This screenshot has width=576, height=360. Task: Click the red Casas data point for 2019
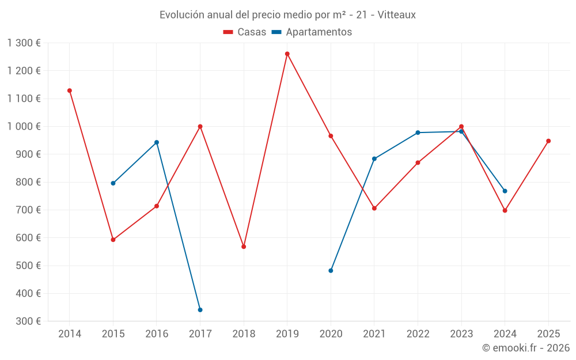coord(287,54)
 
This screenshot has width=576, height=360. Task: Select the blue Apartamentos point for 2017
coord(200,310)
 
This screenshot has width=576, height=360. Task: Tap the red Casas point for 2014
coord(70,90)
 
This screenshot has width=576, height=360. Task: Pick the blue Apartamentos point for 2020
coord(331,271)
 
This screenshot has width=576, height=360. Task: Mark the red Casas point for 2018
coord(244,247)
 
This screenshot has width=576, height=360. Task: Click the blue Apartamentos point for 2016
coord(157,142)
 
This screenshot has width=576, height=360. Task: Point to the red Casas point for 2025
coord(548,141)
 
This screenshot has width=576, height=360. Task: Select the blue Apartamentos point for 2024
coord(505,191)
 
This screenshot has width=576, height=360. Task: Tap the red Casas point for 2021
coord(374,209)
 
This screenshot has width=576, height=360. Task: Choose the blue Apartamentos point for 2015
coord(113,183)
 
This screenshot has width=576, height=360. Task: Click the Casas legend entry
coord(245,32)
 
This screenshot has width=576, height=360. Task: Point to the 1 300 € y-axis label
coord(24,43)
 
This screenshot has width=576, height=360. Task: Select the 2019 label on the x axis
coord(287,334)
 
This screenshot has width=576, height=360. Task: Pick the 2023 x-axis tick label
coord(461,334)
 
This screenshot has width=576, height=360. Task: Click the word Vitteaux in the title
coord(396,15)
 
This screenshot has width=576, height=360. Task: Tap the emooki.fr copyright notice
coord(525,348)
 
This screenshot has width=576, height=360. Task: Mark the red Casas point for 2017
coord(200,127)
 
